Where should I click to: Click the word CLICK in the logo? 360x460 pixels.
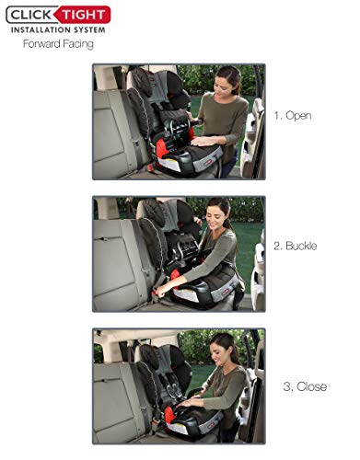point(30,15)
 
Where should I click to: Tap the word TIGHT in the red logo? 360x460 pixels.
point(84,15)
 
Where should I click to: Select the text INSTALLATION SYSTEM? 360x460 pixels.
point(58,30)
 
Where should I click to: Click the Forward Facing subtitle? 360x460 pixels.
point(58,44)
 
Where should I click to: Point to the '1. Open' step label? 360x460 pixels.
point(293,116)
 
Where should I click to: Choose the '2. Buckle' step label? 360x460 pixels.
point(295,246)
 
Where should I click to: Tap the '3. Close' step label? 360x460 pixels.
point(305,386)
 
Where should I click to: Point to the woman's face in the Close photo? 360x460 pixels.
point(219,351)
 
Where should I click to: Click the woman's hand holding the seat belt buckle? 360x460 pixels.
point(161,291)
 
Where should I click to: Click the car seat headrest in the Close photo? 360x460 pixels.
point(151,356)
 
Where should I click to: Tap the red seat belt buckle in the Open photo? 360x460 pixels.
point(150,167)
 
